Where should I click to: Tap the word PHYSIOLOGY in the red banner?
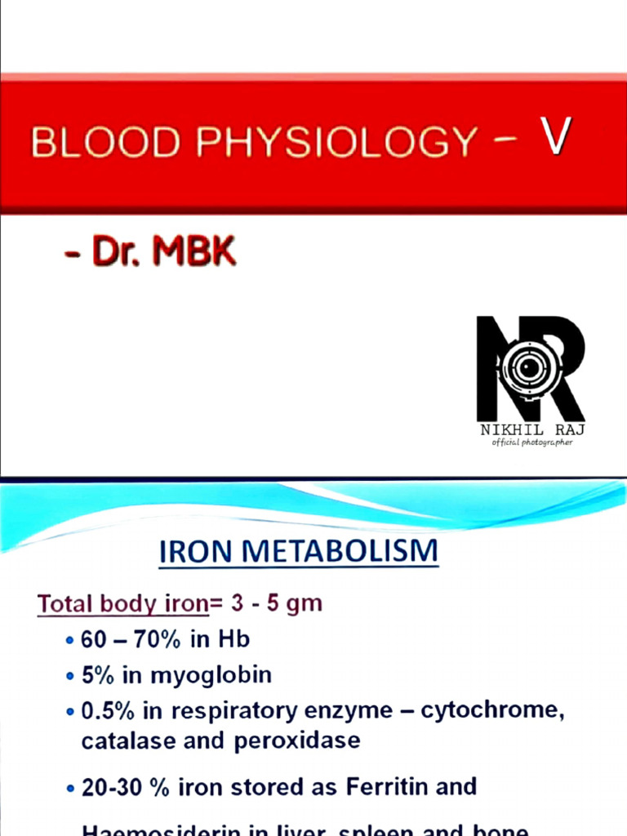pyautogui.click(x=334, y=142)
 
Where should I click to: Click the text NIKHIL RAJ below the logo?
pyautogui.click(x=531, y=429)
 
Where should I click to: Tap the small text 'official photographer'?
pyautogui.click(x=531, y=442)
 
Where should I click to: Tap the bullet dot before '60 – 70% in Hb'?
pyautogui.click(x=70, y=642)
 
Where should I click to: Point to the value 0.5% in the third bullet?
pyautogui.click(x=109, y=711)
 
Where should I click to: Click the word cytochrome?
pyautogui.click(x=492, y=711)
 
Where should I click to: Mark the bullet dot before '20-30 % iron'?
pyautogui.click(x=70, y=789)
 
